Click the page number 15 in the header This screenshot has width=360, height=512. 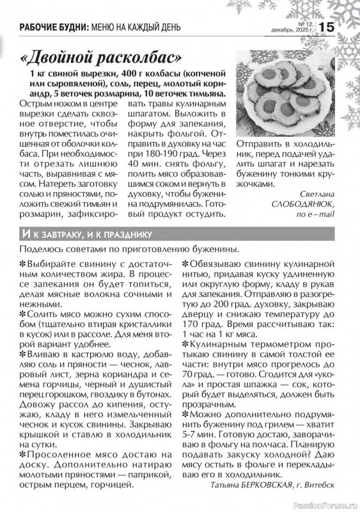(325, 27)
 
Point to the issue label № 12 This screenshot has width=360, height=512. (301, 22)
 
